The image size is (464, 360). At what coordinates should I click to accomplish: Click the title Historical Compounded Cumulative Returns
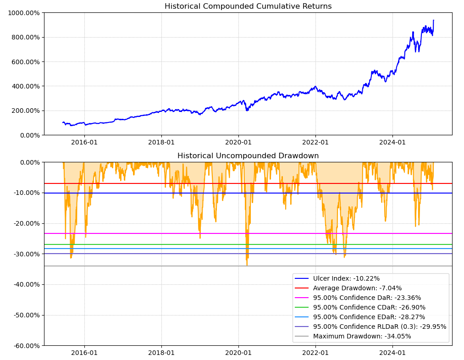[248, 6]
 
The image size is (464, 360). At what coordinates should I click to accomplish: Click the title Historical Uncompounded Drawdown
[248, 156]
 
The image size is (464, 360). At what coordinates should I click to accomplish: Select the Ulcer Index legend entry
[346, 278]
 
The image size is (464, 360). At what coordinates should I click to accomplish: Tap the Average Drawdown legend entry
[357, 288]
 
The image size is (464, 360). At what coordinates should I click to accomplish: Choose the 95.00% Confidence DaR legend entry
[367, 298]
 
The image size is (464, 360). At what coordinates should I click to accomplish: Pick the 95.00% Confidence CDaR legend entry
[369, 307]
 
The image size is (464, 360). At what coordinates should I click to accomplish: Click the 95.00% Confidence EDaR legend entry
[369, 317]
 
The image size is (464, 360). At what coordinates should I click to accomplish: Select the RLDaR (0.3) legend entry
[380, 327]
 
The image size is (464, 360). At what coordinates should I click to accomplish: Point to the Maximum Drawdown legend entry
[362, 336]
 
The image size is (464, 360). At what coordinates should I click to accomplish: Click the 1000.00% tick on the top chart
[23, 13]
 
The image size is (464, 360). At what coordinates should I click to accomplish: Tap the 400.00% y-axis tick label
[25, 86]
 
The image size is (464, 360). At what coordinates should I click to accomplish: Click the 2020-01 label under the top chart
[238, 143]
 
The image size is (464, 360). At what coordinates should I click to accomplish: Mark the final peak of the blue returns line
[433, 20]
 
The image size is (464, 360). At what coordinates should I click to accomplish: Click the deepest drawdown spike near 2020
[247, 265]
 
